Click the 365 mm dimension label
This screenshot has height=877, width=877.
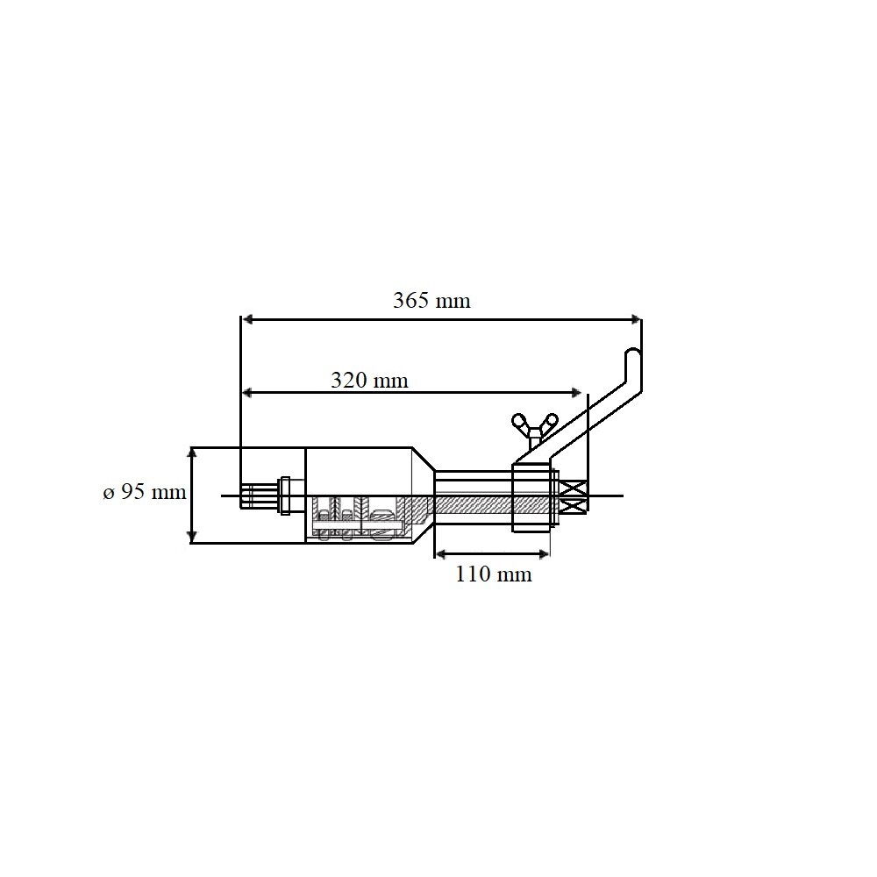click(x=431, y=301)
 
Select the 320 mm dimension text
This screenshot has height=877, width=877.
click(x=369, y=381)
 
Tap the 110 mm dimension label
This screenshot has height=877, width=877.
click(x=493, y=575)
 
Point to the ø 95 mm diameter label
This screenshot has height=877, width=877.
click(x=145, y=493)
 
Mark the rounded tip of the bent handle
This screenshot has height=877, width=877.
click(x=633, y=353)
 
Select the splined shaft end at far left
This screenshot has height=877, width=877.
click(x=256, y=496)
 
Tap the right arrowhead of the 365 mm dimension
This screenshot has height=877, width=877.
click(x=635, y=319)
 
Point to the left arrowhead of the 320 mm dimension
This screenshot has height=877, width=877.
click(x=248, y=392)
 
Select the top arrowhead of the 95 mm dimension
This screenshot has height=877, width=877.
click(x=191, y=453)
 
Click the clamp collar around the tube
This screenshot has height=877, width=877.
click(x=531, y=498)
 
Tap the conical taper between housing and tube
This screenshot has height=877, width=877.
click(x=421, y=496)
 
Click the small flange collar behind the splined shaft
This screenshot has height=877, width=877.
click(x=284, y=496)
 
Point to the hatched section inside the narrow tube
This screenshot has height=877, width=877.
click(x=474, y=504)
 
